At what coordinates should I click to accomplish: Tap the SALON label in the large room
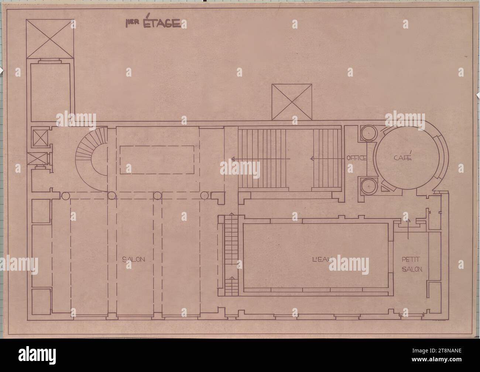[133, 260]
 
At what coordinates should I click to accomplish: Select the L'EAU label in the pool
[321, 260]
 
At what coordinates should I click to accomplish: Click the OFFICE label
[356, 158]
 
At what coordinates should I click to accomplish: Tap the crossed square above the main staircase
[292, 102]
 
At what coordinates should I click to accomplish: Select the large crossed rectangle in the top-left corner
[50, 38]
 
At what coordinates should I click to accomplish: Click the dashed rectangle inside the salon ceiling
[157, 159]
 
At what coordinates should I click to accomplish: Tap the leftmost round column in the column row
[66, 196]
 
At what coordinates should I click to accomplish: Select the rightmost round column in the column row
[205, 196]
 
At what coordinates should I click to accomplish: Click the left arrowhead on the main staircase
[234, 158]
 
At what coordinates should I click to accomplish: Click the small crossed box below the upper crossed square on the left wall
[40, 159]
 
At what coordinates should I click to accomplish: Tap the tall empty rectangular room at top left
[50, 92]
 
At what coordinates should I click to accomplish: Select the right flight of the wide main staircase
[326, 158]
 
